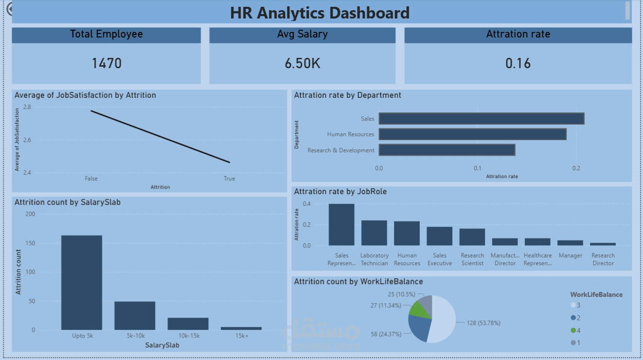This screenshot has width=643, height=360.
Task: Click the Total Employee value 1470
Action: coord(107,63)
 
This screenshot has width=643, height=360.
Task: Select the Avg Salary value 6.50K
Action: coord(302,63)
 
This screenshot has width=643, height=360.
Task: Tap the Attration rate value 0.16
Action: coord(518,63)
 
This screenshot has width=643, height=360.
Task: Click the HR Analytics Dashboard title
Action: coord(320,13)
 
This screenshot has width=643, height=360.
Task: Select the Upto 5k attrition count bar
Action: coord(82,282)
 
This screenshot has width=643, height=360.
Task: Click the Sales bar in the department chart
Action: coord(481,118)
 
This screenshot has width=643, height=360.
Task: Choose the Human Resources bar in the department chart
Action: coord(472,134)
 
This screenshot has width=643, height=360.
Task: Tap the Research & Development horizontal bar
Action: coord(447,150)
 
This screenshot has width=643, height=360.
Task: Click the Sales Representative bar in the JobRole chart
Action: coord(341,224)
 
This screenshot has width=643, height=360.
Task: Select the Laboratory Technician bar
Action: coord(374,233)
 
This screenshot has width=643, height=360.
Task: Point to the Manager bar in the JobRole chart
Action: coord(570,242)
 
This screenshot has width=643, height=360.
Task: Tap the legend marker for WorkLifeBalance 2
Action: coord(573,318)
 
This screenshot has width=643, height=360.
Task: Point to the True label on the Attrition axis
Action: coord(229,179)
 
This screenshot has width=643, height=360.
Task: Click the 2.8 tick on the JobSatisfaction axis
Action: coord(27,107)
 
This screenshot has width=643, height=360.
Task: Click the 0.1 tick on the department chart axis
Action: coord(478,168)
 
